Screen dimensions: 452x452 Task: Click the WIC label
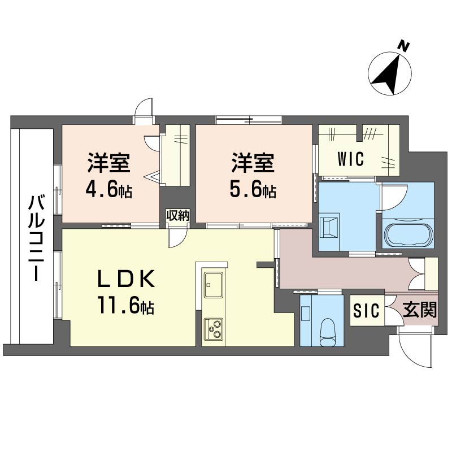coord(350,159)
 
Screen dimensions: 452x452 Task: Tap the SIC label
coord(366,310)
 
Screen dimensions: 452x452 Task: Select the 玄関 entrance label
coord(420,310)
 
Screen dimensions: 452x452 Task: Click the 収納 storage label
coord(178,216)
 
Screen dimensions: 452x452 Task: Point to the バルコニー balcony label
coord(36,238)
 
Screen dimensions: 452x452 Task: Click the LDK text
coord(127,279)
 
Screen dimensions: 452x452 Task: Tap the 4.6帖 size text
coord(108,190)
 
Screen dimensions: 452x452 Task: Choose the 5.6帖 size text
coord(253,190)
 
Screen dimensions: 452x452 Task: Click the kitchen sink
coord(214,284)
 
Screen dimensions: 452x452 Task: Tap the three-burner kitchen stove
coord(214,329)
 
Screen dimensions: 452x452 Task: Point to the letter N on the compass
coord(404,47)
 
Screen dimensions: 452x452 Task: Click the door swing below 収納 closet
coord(177,236)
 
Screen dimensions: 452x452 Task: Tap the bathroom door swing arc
coord(394,197)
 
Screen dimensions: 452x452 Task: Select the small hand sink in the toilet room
coord(306,314)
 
